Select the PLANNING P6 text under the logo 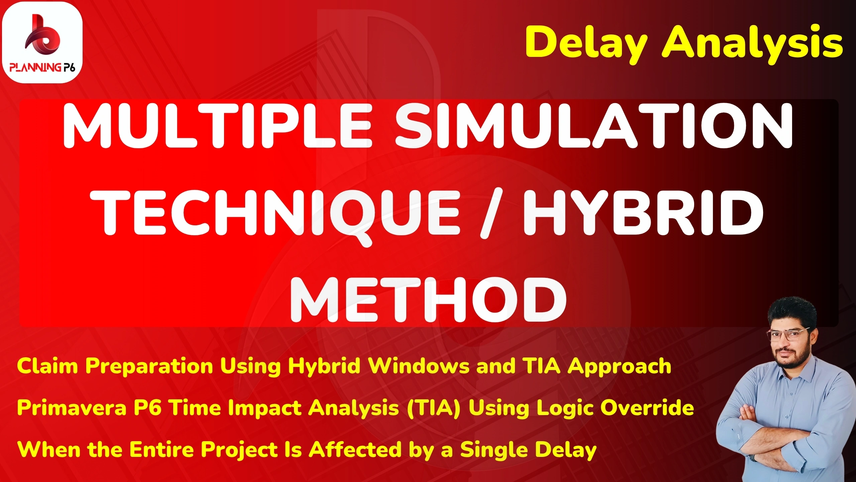(x=42, y=67)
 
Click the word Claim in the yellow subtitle (x=47, y=366)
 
